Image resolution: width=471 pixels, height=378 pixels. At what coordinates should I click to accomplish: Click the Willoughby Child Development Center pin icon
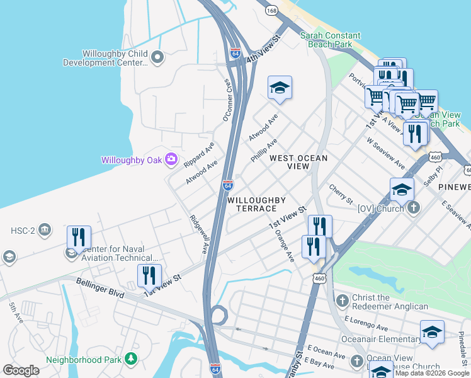[x=157, y=58]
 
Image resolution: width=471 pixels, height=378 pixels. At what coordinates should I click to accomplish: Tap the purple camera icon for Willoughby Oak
[x=171, y=159]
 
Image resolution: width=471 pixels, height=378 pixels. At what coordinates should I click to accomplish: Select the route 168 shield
[x=271, y=11]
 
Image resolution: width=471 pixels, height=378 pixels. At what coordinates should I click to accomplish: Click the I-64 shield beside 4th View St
[x=235, y=53]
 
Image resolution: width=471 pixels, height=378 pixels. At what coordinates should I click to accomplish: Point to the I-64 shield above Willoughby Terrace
[x=228, y=185]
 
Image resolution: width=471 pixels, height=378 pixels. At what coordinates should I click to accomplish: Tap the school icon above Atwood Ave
[x=280, y=88]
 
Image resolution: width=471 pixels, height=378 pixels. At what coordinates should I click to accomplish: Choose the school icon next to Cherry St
[x=402, y=189]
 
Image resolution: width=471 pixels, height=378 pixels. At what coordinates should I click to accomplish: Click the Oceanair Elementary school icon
[x=432, y=331]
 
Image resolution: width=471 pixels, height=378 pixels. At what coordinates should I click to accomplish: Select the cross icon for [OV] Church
[x=414, y=207]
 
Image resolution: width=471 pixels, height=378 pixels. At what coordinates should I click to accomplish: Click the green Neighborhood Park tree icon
[x=130, y=358]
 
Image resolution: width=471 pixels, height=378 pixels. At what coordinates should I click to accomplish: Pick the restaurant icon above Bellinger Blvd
[x=149, y=276]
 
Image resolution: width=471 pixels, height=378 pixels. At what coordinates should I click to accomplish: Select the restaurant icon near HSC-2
[x=79, y=237]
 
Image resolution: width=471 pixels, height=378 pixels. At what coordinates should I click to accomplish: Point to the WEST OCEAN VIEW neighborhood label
[x=298, y=162]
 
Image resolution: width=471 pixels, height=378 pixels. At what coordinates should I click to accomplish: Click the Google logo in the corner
[x=21, y=370]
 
